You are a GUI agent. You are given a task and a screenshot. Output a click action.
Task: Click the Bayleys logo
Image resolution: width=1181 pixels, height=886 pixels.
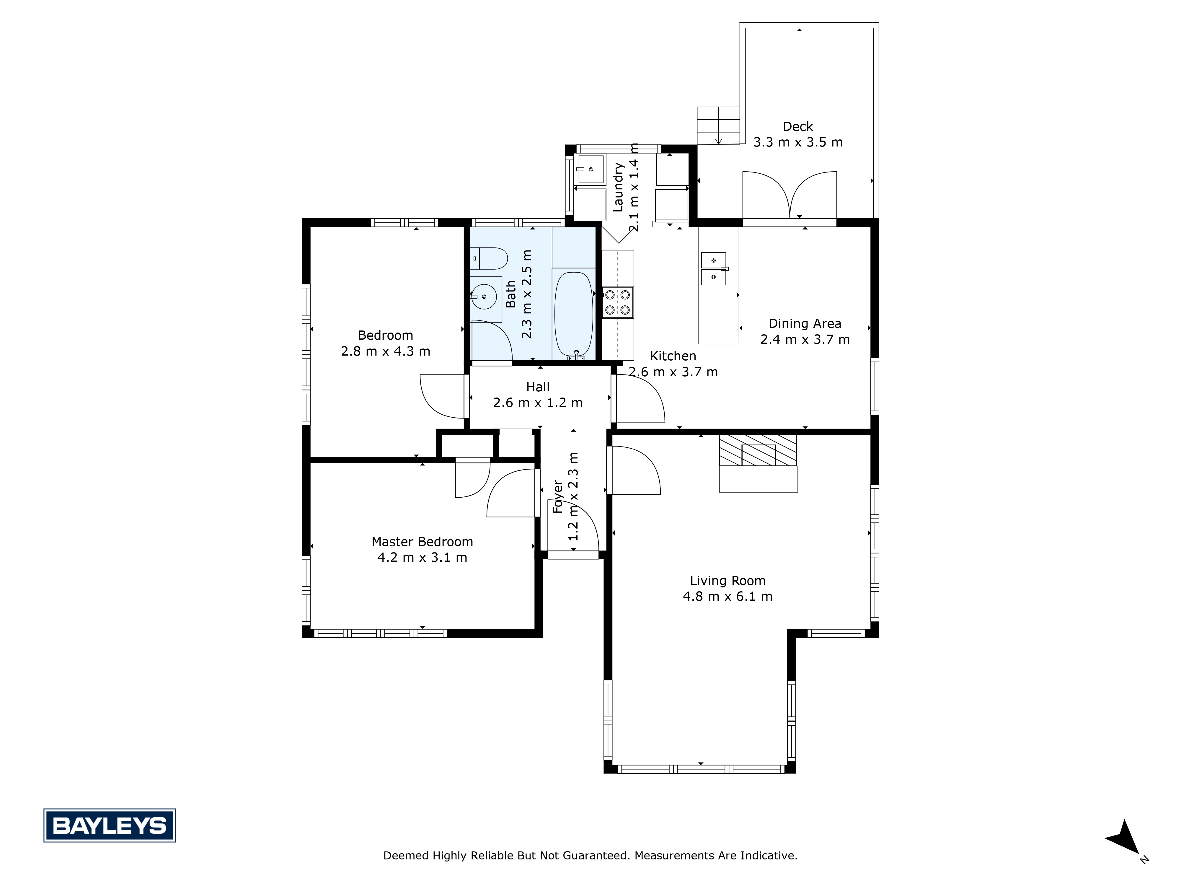click(x=110, y=826)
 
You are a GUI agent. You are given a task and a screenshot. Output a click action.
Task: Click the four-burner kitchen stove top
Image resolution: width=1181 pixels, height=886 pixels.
click(x=618, y=302)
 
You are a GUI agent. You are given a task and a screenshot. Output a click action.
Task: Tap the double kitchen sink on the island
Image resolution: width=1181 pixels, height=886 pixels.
click(x=713, y=269)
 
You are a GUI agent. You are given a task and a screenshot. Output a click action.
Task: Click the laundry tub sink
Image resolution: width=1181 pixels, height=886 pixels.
click(x=590, y=169)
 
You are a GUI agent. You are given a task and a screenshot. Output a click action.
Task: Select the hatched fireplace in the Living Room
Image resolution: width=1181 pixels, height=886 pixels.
click(x=758, y=450)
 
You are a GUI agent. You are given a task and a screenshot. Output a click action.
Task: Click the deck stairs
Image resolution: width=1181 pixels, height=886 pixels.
click(x=718, y=126)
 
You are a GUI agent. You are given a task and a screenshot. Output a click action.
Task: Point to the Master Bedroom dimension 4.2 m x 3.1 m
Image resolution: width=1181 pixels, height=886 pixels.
click(x=422, y=558)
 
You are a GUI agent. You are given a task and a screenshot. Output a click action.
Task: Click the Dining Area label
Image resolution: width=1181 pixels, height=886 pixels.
click(x=805, y=324)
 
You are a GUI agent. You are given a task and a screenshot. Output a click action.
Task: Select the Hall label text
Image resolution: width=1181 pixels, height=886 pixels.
click(x=538, y=387)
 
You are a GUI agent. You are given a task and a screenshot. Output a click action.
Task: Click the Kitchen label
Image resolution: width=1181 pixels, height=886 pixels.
click(x=673, y=356)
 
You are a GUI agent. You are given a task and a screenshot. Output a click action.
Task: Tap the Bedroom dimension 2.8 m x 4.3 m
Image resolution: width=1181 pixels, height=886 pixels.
click(x=386, y=351)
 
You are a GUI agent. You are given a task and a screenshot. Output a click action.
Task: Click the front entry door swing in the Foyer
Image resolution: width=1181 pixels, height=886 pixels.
click(x=575, y=528)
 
